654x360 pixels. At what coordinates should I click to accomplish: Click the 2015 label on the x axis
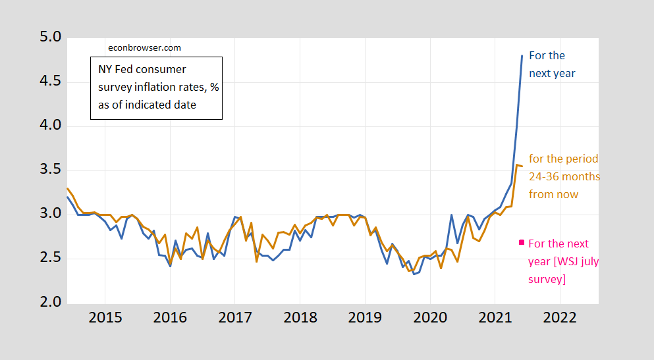coord(105,317)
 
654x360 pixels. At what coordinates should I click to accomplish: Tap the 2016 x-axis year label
coord(170,317)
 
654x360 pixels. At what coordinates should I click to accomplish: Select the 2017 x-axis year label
coord(235,317)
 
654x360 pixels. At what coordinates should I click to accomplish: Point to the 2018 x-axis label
coord(300,317)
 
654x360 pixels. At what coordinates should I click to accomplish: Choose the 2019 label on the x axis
coord(365,317)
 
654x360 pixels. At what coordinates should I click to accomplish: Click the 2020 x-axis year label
coord(430,317)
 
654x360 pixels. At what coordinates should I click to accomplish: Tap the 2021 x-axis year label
coord(495,317)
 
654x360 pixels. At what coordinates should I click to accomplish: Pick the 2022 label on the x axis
coord(560,317)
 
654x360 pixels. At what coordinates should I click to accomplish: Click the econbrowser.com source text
coord(144,47)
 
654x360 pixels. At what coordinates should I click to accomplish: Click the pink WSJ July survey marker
coord(522,242)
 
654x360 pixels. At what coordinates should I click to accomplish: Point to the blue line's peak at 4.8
coord(522,56)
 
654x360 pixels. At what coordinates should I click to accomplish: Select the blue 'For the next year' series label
coord(552,64)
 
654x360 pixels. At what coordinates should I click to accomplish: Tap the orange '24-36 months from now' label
coord(564,176)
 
